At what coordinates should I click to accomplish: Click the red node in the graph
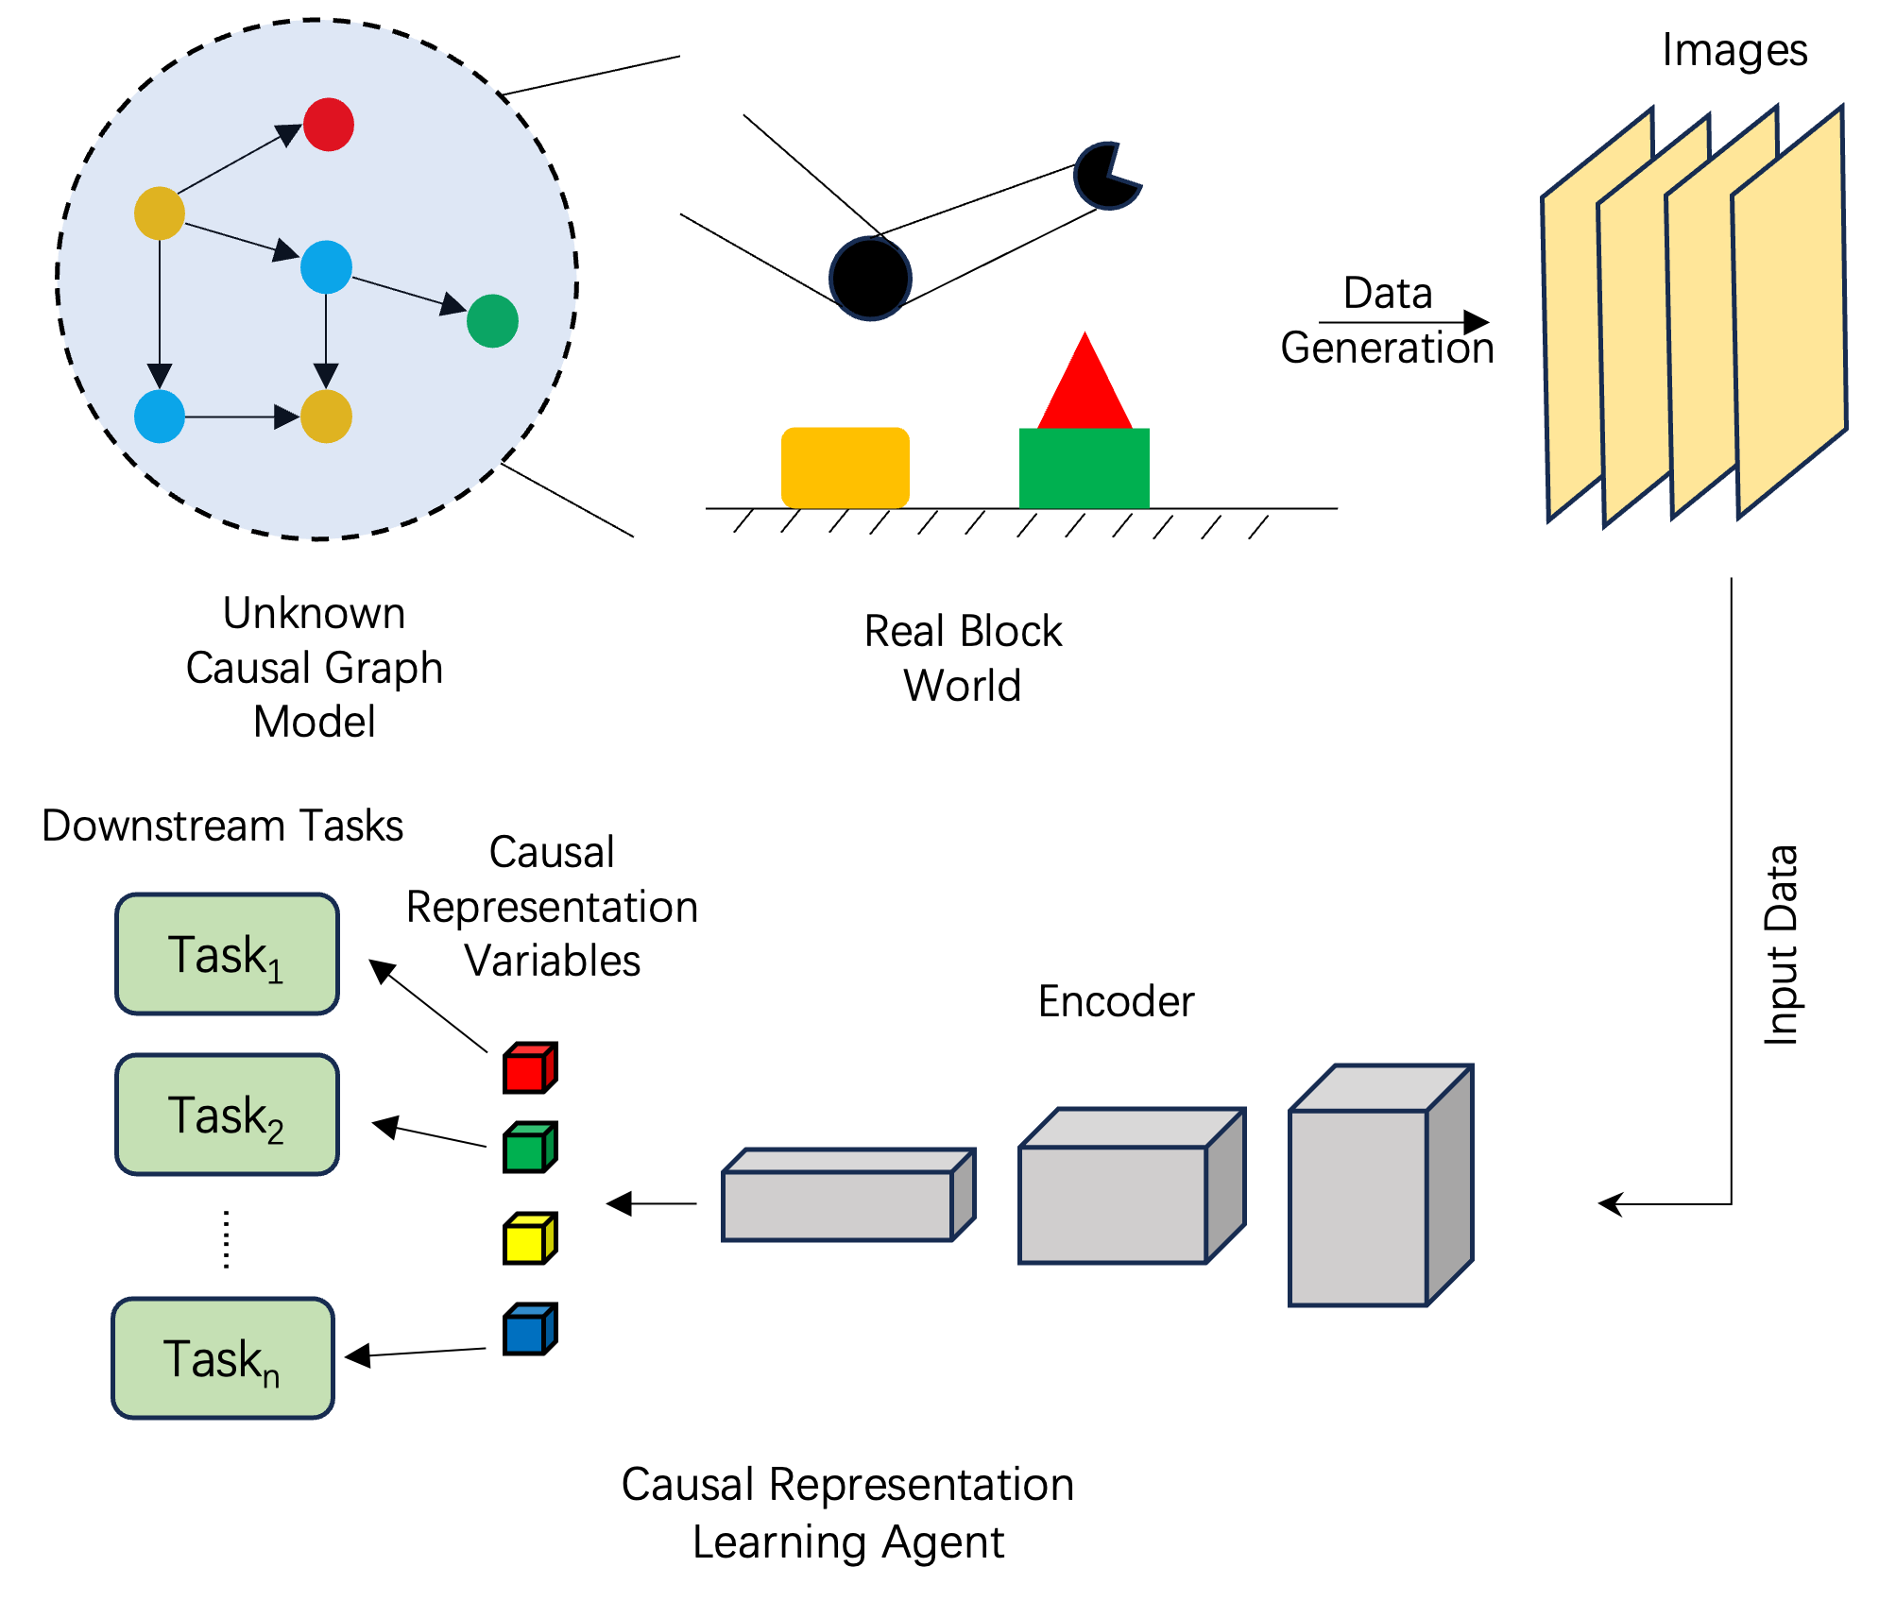[329, 125]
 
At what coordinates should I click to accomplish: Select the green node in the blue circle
[492, 321]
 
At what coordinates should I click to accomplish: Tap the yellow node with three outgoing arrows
[159, 213]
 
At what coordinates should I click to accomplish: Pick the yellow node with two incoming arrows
[326, 417]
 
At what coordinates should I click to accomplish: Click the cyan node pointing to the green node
[326, 266]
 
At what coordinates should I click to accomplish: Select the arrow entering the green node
[406, 293]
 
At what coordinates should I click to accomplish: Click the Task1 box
[227, 954]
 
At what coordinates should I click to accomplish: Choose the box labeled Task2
[227, 1115]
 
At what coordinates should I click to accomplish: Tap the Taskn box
[223, 1358]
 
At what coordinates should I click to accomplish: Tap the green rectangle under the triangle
[1085, 468]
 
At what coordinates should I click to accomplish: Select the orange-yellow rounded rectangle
[846, 468]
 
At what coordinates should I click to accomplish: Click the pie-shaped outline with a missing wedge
[1105, 177]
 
